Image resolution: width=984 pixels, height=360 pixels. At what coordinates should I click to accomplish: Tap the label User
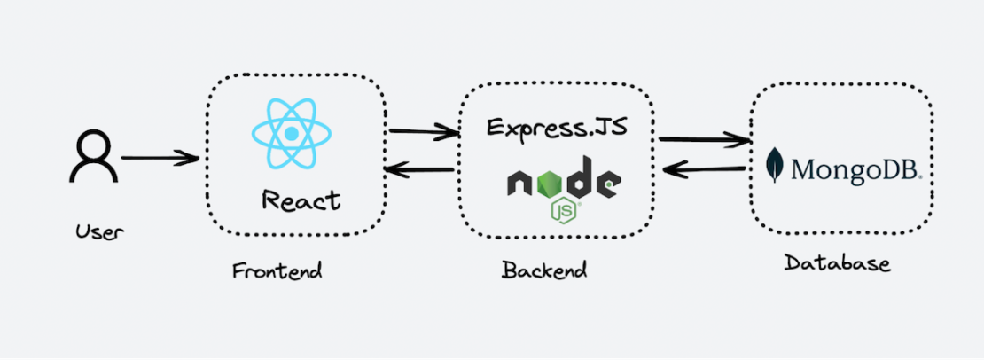point(100,232)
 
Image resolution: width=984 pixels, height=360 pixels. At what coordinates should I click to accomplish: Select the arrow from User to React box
point(160,159)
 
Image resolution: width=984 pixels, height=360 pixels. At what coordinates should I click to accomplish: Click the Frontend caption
point(277,270)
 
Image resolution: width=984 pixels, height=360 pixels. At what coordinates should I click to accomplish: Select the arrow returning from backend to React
point(420,171)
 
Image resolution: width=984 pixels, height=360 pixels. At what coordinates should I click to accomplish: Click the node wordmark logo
point(563,183)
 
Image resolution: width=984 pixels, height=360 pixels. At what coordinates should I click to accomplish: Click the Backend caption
point(544,270)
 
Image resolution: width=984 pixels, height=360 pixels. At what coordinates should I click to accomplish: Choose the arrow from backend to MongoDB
point(705,138)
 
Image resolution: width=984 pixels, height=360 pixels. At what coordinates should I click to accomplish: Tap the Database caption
point(837,263)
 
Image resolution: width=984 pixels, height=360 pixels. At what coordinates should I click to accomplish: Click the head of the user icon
point(93,145)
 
